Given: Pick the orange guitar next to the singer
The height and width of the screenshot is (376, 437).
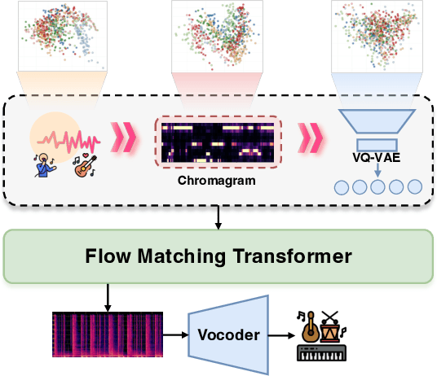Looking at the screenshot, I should (x=82, y=163).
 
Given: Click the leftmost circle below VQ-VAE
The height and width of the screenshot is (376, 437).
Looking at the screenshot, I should (x=342, y=187).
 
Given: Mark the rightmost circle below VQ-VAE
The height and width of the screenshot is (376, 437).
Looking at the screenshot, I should (x=414, y=187).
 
